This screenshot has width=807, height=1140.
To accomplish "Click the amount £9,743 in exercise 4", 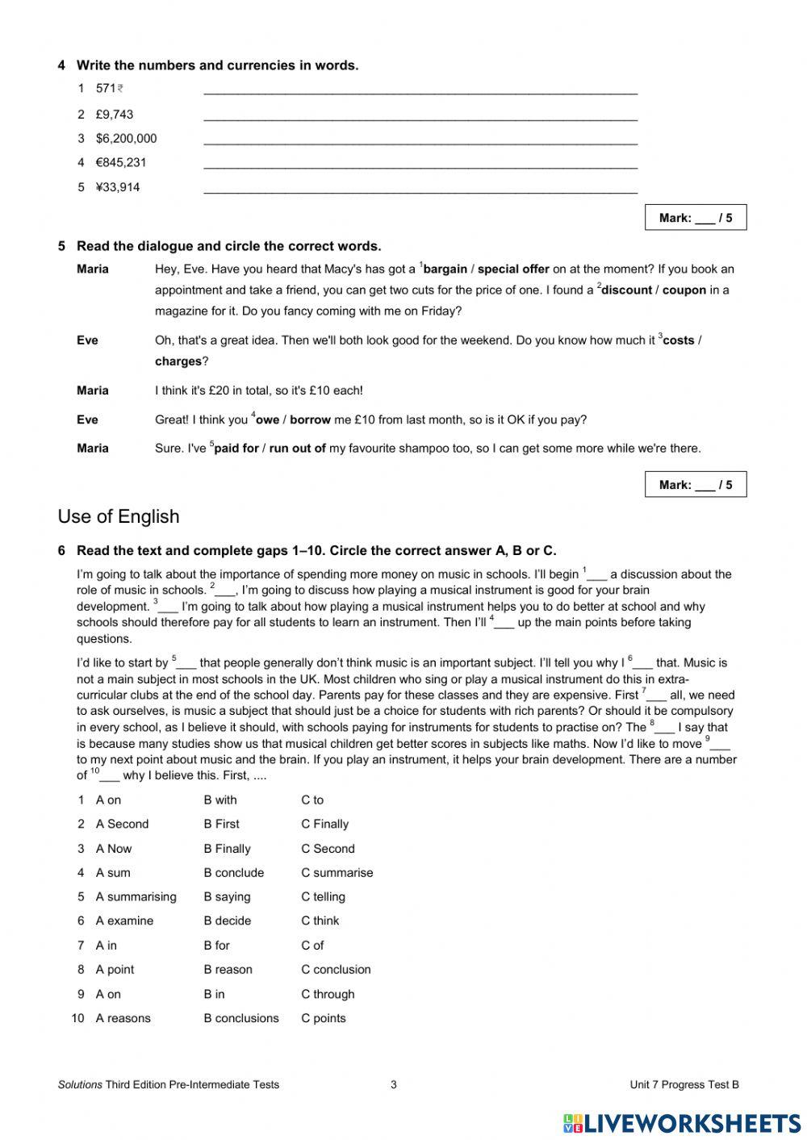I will (114, 115).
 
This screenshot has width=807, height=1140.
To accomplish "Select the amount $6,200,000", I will (126, 139).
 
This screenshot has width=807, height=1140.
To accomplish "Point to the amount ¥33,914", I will (118, 187).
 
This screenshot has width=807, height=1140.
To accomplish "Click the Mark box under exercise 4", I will (695, 218).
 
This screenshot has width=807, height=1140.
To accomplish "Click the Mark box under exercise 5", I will (695, 485).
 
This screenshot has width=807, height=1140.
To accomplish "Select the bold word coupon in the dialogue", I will (684, 290).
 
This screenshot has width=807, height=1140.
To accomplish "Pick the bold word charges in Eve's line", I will (178, 361).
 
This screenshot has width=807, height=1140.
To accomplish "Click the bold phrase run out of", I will (297, 449).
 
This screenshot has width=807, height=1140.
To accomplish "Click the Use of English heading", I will (119, 516).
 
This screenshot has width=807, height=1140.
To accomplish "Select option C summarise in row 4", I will (337, 873).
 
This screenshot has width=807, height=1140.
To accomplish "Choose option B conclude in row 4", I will (233, 873).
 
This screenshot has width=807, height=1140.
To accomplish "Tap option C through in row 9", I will (328, 994).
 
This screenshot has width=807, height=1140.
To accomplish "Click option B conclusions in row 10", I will (240, 1018).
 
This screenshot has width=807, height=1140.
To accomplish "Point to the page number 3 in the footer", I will (394, 1084).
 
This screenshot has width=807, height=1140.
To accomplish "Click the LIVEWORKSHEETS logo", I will (682, 1123).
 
